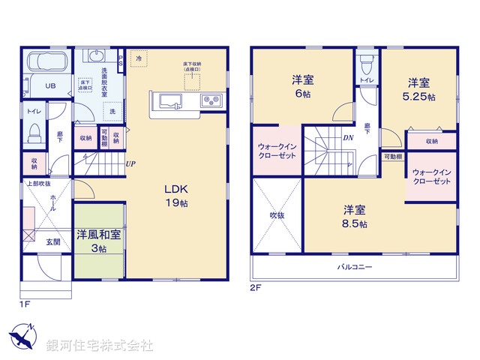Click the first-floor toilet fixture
coord(32,135)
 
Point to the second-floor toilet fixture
coord(366,61)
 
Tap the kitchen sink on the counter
coord(166,101)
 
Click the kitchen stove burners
coord(209,100)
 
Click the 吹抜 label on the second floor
coord(277,215)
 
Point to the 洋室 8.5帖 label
coord(355,216)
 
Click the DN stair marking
coord(348,139)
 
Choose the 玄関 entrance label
coord(52,241)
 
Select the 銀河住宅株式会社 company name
coord(100,346)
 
